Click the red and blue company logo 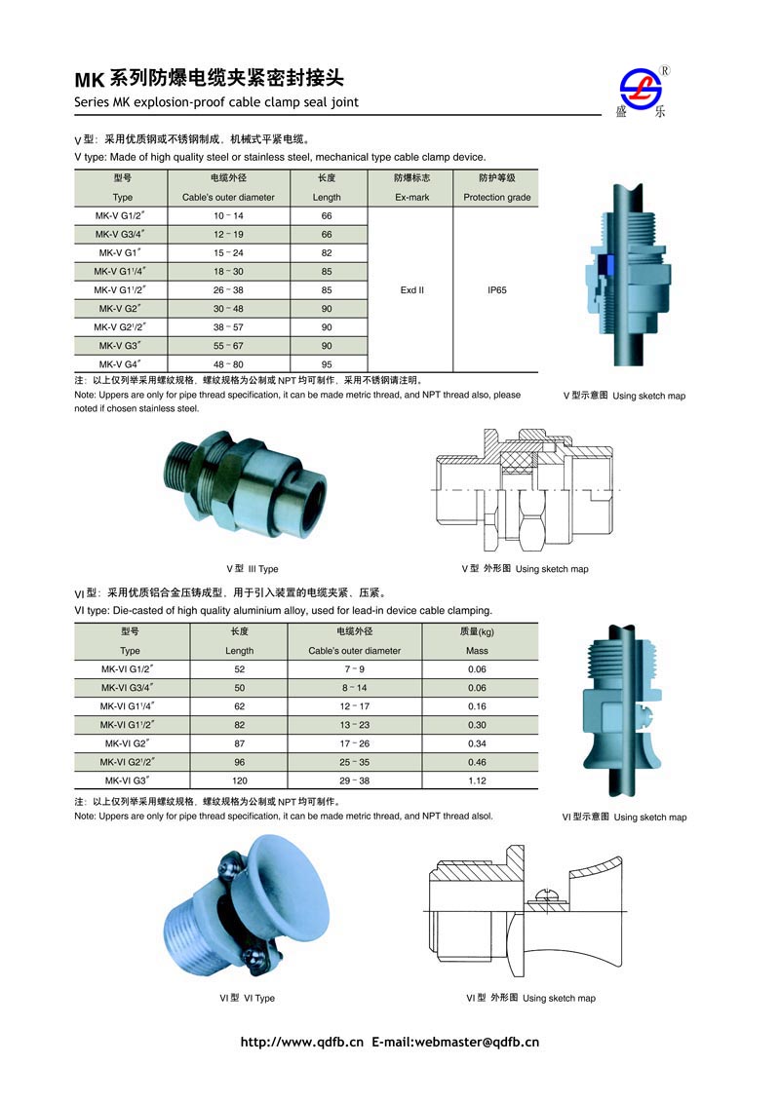click(x=641, y=90)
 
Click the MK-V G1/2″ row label click(x=120, y=216)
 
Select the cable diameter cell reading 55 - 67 click(x=228, y=346)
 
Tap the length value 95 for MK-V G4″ click(x=327, y=364)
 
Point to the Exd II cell click(x=411, y=289)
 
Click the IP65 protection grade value click(x=497, y=289)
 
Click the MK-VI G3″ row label click(x=128, y=780)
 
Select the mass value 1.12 click(x=478, y=780)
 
